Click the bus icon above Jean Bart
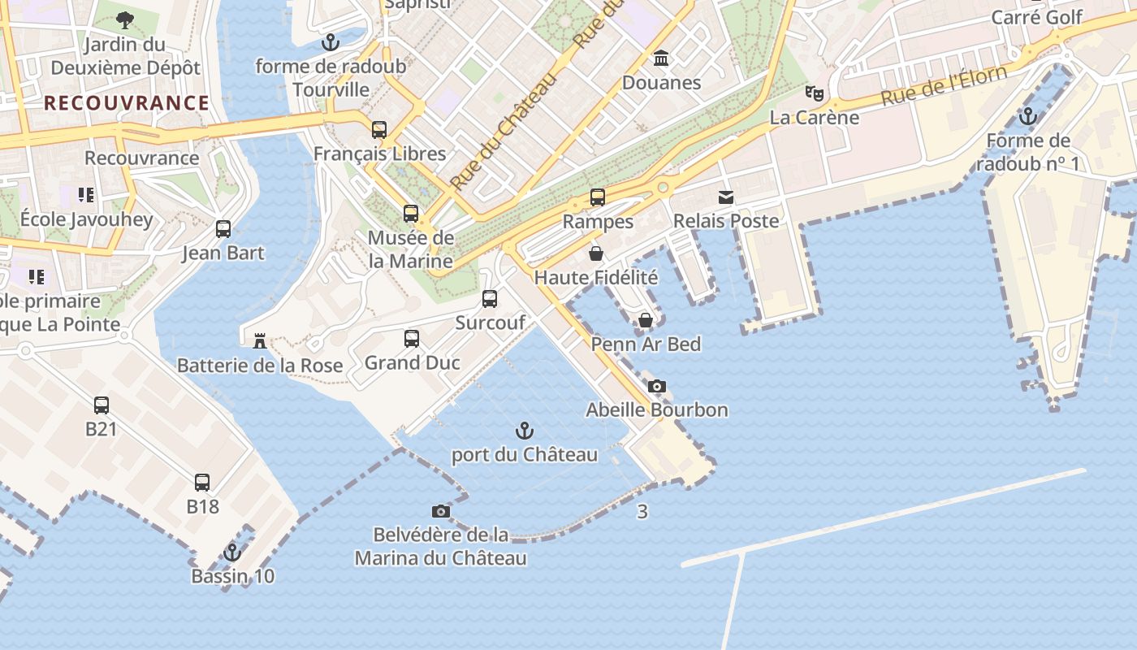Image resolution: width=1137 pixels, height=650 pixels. (223, 229)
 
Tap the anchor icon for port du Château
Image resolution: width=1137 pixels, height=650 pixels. (525, 431)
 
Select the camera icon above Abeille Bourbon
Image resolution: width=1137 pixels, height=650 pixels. (657, 386)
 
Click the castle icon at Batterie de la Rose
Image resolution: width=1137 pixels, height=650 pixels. (260, 340)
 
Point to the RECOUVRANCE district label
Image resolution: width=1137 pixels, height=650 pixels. (127, 103)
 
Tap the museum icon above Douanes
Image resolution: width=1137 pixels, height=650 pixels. (661, 58)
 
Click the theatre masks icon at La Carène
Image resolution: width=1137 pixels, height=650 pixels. (814, 93)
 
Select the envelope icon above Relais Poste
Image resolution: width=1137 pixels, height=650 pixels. (725, 197)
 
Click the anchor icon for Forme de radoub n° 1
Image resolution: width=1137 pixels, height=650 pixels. (1028, 116)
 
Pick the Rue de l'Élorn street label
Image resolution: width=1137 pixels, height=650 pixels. (944, 86)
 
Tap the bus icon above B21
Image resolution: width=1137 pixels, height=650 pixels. (102, 405)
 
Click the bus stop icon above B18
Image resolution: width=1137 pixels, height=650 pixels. (202, 483)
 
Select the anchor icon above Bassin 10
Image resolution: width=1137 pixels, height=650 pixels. (232, 552)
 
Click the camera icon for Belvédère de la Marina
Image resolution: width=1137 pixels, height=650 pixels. (441, 511)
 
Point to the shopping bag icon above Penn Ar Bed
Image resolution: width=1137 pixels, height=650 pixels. (646, 320)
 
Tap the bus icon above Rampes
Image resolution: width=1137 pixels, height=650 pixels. (598, 197)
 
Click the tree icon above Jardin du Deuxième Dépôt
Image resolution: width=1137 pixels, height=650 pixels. (125, 19)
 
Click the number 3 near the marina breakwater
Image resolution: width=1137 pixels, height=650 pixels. (642, 512)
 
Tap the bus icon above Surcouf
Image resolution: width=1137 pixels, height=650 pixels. (490, 298)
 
